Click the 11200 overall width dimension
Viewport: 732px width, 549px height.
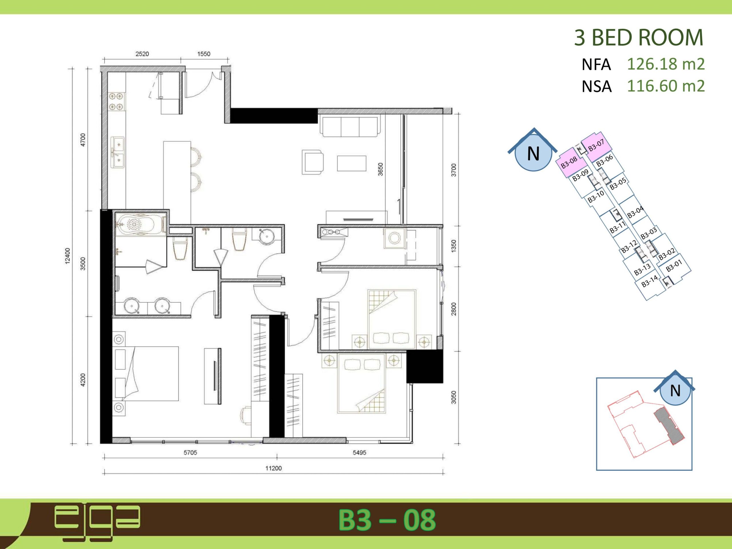(273, 468)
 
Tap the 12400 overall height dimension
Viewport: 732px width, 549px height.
(67, 256)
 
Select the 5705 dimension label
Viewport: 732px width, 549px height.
(190, 452)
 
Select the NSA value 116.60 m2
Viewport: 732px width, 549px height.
(666, 86)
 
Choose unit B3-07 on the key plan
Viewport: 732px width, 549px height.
(596, 145)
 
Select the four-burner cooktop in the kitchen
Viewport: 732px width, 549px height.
(116, 102)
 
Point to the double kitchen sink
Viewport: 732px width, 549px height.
(118, 152)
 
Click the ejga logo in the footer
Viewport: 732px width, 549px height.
(97, 522)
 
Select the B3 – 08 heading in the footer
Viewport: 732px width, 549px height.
(387, 520)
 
